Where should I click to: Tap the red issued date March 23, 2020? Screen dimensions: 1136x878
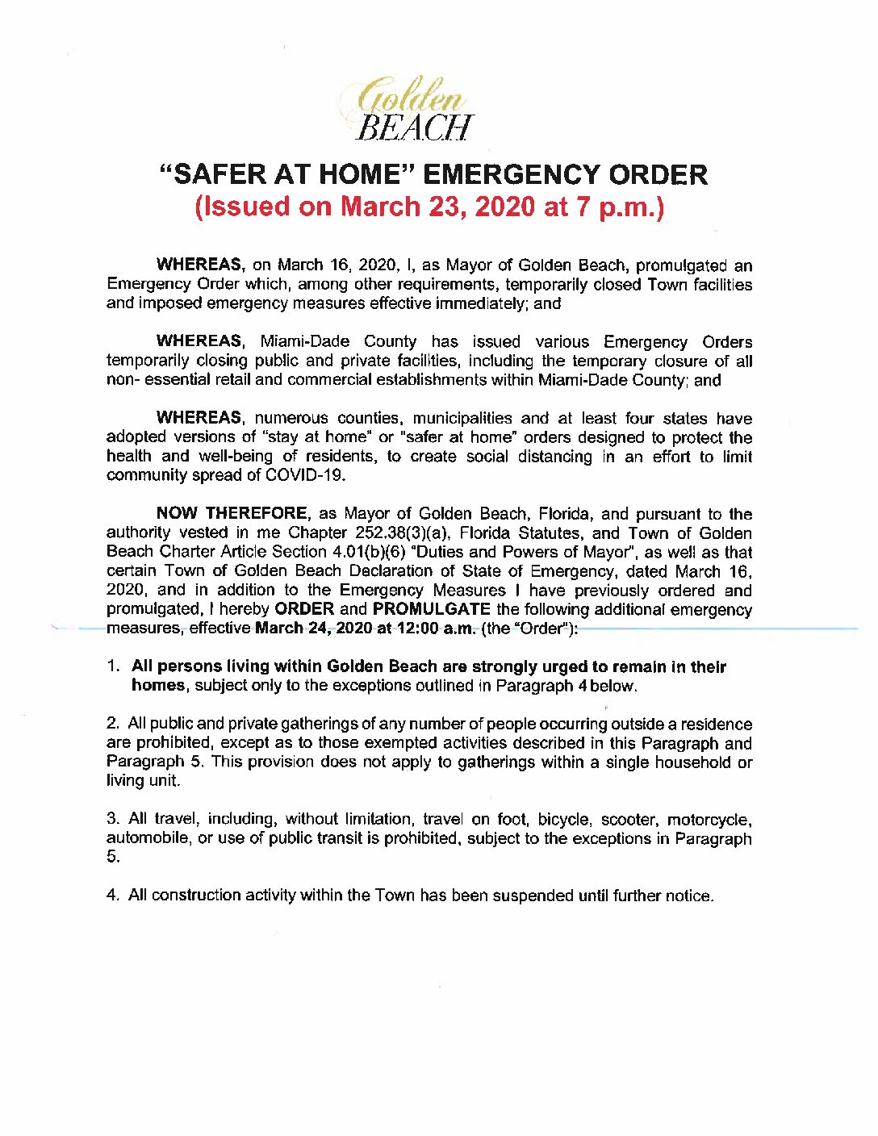point(437,207)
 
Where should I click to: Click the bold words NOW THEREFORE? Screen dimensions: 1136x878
point(232,514)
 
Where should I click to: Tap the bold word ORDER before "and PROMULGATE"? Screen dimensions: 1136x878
point(304,609)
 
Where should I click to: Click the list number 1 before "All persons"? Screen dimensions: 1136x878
point(113,667)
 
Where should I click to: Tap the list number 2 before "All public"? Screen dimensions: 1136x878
point(112,725)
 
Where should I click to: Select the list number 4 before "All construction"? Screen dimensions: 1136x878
point(112,896)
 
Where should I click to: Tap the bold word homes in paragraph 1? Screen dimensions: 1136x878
point(158,686)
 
